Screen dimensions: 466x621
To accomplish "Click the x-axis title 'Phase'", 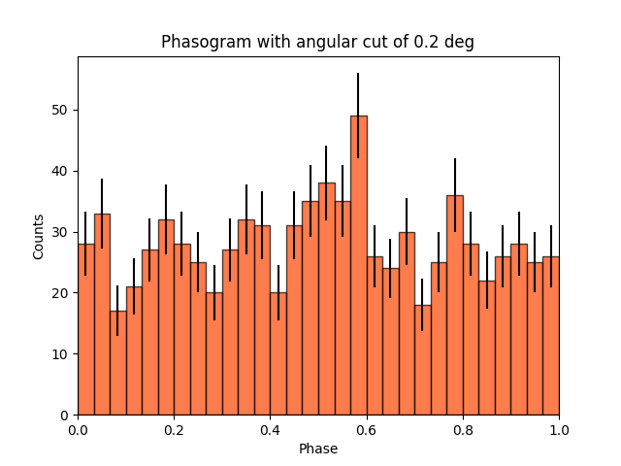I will tap(318, 449).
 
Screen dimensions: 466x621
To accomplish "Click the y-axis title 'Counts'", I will tap(39, 236).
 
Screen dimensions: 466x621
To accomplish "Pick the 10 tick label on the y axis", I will tap(64, 354).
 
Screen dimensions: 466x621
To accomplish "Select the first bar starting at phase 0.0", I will tap(85, 329).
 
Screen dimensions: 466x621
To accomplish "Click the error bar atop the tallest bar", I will tap(359, 97).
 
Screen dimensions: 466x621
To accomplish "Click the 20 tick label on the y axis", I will tap(64, 293).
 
